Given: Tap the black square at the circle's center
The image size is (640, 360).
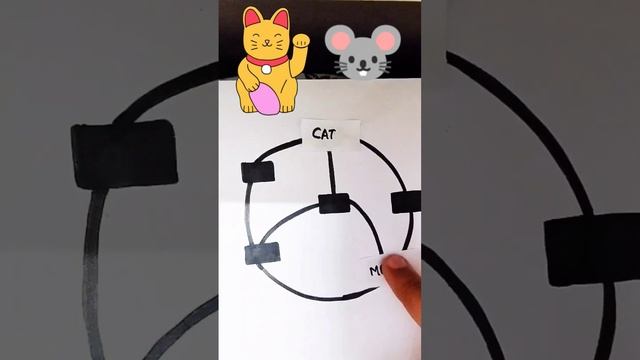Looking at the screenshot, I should click(333, 204).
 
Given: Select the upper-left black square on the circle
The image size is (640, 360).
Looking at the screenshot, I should click(258, 172).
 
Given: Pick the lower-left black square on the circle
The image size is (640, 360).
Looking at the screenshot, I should click(263, 253).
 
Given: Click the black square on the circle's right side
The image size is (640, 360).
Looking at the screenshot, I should click(405, 202).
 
